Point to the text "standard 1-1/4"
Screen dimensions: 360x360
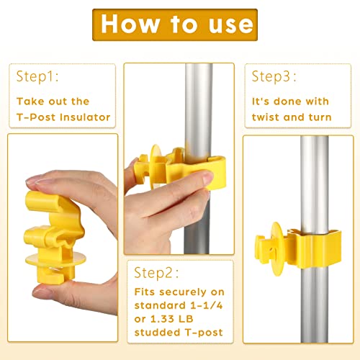(178, 308)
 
